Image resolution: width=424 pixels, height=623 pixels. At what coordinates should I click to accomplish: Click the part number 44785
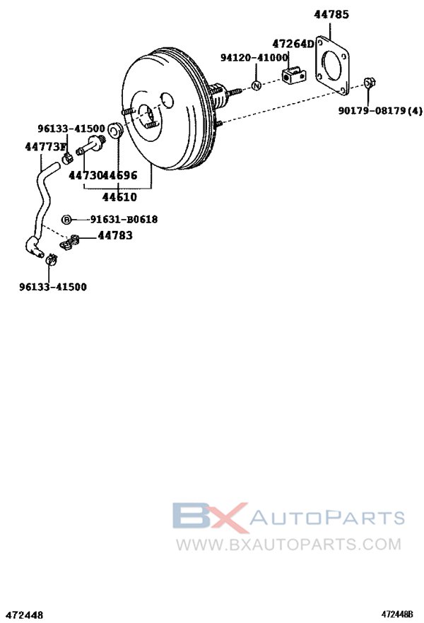[x=331, y=13]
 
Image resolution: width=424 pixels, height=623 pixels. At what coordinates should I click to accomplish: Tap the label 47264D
[x=293, y=44]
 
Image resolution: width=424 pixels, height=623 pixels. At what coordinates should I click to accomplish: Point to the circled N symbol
[x=257, y=86]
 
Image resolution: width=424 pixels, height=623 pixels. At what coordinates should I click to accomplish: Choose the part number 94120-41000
[x=254, y=57]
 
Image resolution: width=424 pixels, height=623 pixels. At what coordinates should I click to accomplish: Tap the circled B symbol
[x=66, y=220]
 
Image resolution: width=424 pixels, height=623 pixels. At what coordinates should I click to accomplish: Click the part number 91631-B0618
[x=124, y=220]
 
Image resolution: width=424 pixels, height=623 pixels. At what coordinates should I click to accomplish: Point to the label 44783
[x=115, y=236]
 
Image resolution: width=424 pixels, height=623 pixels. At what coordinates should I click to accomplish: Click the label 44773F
[x=45, y=147]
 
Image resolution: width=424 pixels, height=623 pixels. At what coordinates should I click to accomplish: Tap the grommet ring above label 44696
[x=117, y=132]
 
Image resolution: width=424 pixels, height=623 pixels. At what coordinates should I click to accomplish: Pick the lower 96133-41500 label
[x=53, y=287]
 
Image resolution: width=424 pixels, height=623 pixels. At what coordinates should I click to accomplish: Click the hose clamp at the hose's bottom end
[x=50, y=261]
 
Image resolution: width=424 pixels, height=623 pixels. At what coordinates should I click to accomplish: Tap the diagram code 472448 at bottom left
[x=22, y=615]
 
